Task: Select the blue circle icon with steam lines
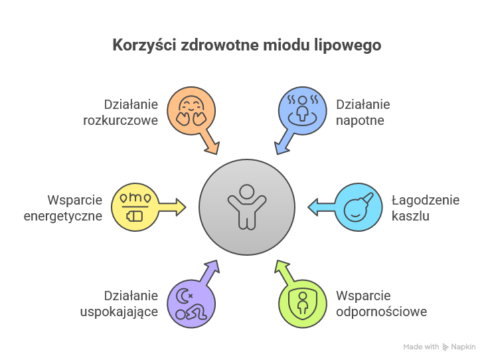pos(301,110)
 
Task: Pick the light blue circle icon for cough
pos(357,207)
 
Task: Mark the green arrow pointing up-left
pos(284,272)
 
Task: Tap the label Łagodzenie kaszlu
pos(425,208)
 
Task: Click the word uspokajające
pos(130,312)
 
